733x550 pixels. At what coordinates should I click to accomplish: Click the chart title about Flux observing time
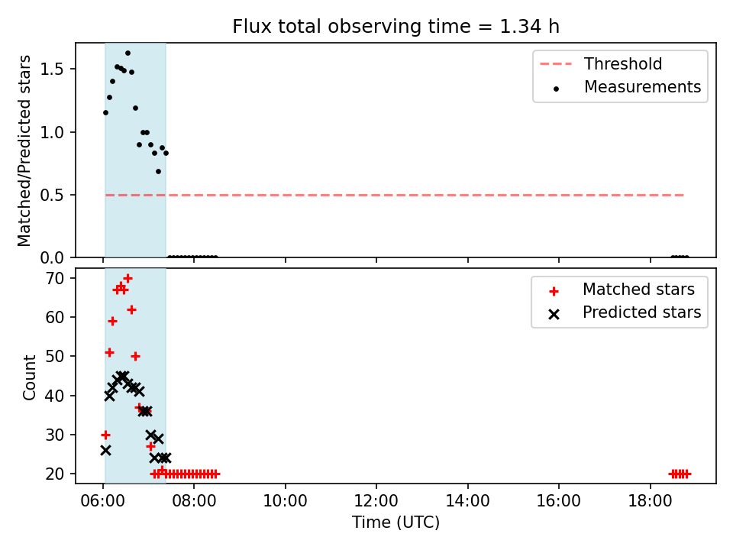pyautogui.click(x=396, y=26)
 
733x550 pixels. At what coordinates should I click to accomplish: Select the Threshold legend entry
pyautogui.click(x=601, y=63)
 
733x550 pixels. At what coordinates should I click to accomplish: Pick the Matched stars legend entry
pyautogui.click(x=622, y=290)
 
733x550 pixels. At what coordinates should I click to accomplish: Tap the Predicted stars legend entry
pyautogui.click(x=625, y=312)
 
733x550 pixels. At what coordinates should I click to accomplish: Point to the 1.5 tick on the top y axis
pyautogui.click(x=51, y=70)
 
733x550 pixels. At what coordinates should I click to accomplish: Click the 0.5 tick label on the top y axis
pyautogui.click(x=51, y=195)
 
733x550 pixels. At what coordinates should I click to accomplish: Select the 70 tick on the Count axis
pyautogui.click(x=55, y=278)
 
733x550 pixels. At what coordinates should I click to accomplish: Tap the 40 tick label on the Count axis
pyautogui.click(x=55, y=396)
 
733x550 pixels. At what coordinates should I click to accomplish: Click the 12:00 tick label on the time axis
pyautogui.click(x=376, y=501)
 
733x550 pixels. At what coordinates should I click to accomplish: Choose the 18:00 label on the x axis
pyautogui.click(x=650, y=501)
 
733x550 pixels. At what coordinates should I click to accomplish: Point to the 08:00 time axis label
pyautogui.click(x=194, y=501)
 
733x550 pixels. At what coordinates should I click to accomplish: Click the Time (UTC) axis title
pyautogui.click(x=396, y=522)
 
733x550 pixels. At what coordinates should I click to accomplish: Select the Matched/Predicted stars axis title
pyautogui.click(x=24, y=150)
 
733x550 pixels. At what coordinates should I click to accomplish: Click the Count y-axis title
pyautogui.click(x=29, y=377)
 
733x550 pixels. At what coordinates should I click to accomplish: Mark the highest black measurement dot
pyautogui.click(x=128, y=53)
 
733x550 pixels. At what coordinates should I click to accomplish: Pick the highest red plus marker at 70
pyautogui.click(x=128, y=279)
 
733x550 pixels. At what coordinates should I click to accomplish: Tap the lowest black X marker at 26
pyautogui.click(x=105, y=451)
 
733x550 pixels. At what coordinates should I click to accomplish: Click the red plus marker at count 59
pyautogui.click(x=112, y=322)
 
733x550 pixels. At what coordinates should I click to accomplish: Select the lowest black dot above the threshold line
pyautogui.click(x=159, y=172)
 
